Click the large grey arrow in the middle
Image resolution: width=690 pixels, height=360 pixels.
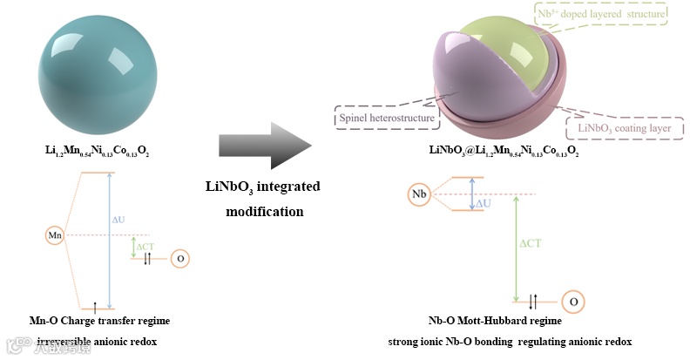(x=264, y=145)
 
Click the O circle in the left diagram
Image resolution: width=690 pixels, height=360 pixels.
(x=179, y=259)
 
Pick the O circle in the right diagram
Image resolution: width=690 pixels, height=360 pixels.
(x=572, y=302)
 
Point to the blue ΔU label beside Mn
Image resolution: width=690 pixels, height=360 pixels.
(x=118, y=220)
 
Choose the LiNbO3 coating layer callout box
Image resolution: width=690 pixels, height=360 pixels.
(x=625, y=126)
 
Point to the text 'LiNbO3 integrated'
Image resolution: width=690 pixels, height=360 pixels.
(x=262, y=187)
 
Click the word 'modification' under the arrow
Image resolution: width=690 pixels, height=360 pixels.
(x=262, y=211)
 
